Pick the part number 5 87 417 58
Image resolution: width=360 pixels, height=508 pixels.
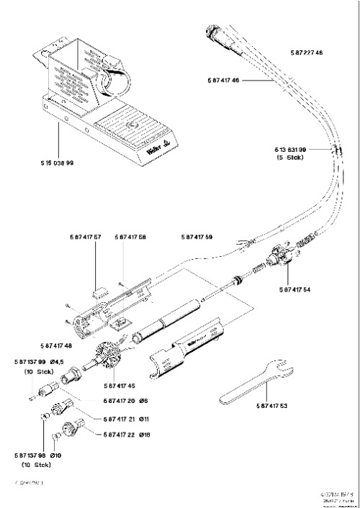(x=130, y=237)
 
